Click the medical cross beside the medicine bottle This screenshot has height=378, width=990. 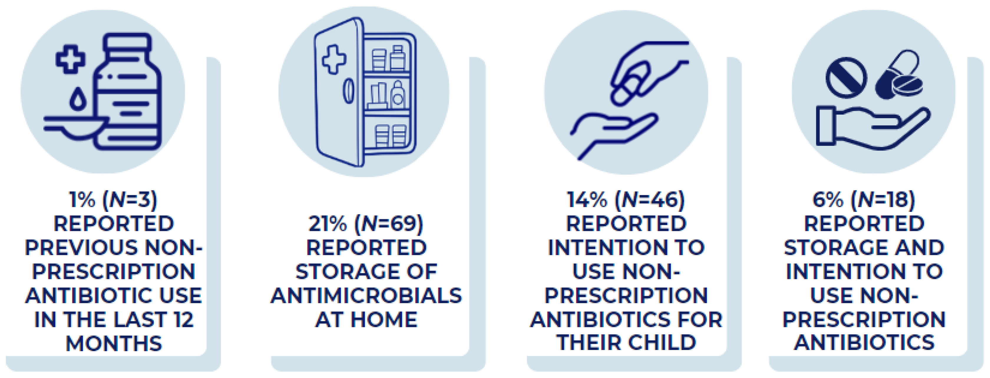tap(70, 59)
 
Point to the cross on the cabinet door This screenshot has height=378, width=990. tap(334, 59)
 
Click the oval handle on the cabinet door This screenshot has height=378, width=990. tap(348, 91)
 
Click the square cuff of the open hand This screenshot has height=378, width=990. tap(826, 125)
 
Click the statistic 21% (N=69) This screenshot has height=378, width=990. tap(366, 224)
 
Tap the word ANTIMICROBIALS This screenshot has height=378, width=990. tap(366, 296)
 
